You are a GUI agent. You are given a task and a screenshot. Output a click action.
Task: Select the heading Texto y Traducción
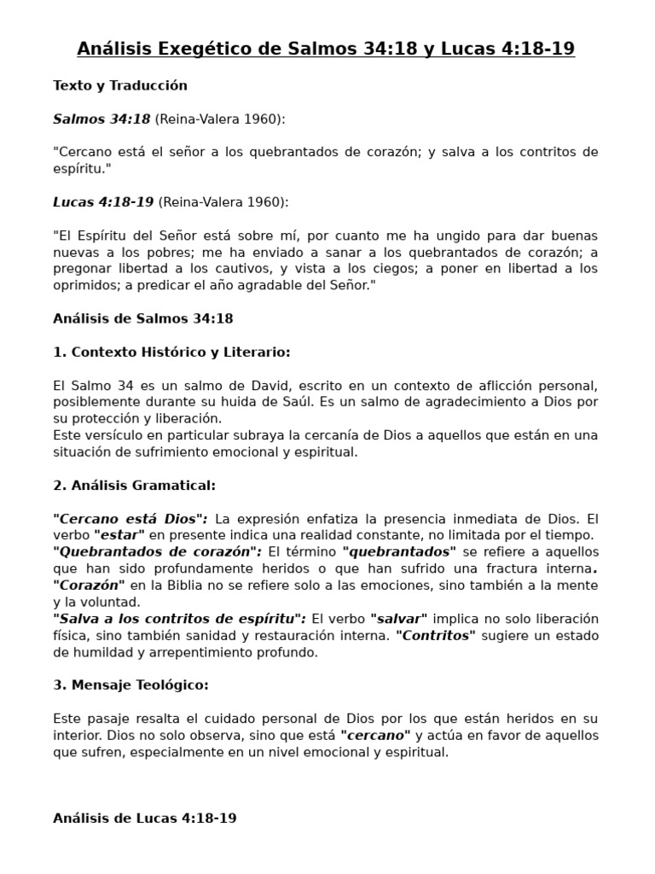tap(119, 85)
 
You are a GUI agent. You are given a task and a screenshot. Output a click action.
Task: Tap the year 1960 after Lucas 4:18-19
tap(266, 201)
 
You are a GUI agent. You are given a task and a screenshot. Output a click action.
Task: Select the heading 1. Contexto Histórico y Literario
tap(171, 352)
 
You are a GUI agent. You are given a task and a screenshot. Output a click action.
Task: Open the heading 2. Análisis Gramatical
tap(134, 485)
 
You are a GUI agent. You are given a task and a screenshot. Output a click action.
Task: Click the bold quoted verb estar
tap(120, 535)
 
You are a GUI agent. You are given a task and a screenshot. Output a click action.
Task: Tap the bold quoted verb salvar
tap(400, 619)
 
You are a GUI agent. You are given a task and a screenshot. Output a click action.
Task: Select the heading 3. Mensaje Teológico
tap(130, 685)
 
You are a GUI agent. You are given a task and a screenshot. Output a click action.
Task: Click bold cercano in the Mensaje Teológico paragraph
tap(375, 735)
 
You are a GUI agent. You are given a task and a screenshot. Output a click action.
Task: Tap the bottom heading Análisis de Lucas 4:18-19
tap(144, 818)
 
